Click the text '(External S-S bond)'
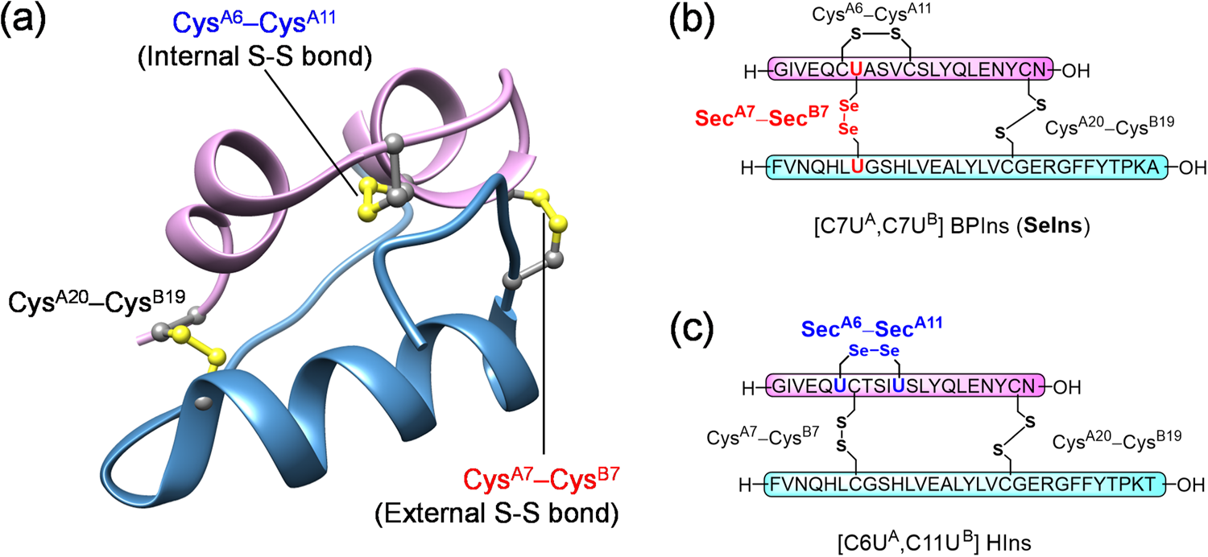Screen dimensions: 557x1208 545,522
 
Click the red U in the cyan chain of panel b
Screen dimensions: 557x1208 858,167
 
